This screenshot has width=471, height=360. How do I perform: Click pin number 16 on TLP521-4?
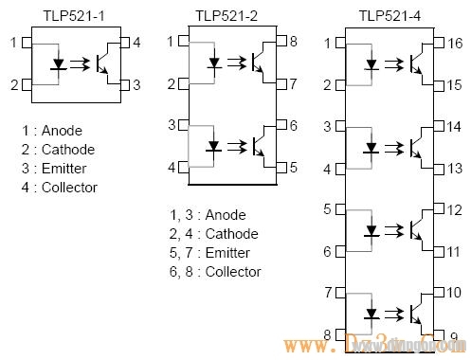click(x=454, y=44)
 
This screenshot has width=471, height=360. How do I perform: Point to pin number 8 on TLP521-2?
click(x=293, y=42)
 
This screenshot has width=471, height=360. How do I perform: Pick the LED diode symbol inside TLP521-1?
click(x=60, y=64)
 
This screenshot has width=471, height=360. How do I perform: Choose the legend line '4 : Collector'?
click(x=62, y=188)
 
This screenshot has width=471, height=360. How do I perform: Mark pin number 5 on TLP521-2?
click(x=293, y=168)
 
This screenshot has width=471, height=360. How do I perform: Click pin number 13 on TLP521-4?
click(x=454, y=169)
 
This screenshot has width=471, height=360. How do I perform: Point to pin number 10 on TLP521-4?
click(x=453, y=293)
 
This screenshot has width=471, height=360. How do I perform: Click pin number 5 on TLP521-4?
click(x=328, y=209)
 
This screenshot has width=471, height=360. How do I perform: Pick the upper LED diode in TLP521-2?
click(x=215, y=63)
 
